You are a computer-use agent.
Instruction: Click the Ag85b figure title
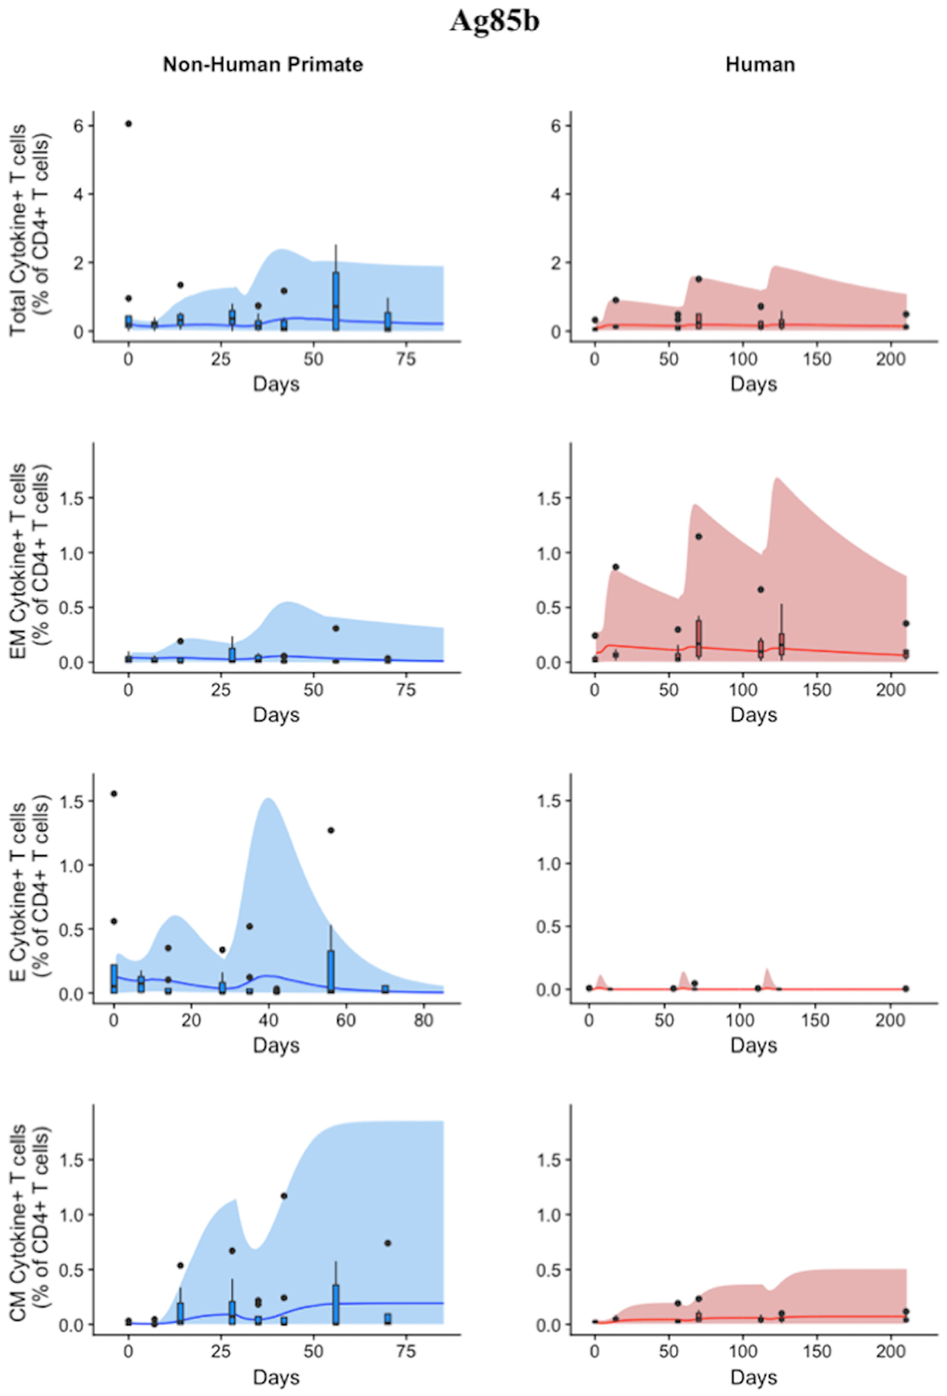[494, 20]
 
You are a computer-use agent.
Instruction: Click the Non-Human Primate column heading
[263, 65]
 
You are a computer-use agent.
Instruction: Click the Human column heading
[760, 65]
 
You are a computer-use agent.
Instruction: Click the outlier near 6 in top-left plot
[128, 124]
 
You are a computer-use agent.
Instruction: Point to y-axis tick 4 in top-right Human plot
[556, 194]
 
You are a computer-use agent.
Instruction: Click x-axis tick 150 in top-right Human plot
[817, 359]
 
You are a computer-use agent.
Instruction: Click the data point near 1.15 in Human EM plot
[699, 536]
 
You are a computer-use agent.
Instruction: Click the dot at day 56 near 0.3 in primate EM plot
[336, 628]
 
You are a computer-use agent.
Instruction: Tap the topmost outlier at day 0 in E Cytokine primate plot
[114, 793]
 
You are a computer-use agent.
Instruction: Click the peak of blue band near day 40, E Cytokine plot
[267, 799]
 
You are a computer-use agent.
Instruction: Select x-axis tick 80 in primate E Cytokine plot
[423, 1020]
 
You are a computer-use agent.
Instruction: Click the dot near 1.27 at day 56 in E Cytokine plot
[331, 830]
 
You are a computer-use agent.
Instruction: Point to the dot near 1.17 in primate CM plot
[284, 1195]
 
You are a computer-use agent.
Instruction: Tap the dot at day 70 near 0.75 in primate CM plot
[388, 1243]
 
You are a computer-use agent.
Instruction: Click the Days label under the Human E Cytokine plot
[753, 1045]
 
